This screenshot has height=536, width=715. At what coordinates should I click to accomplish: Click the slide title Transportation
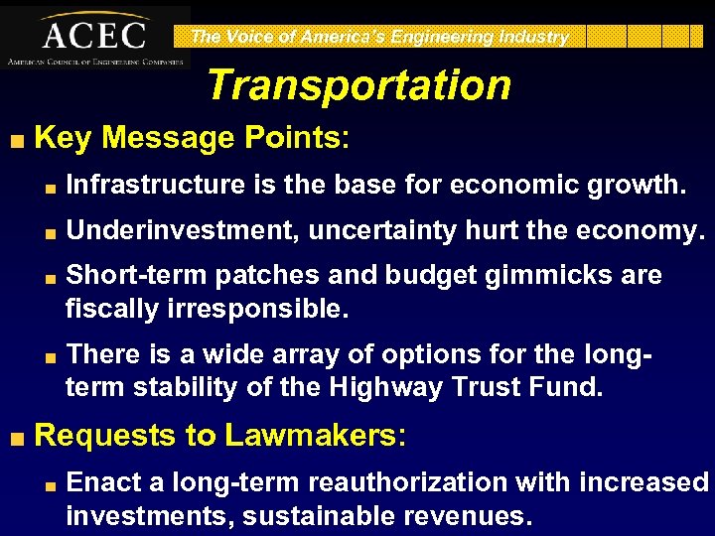(358, 85)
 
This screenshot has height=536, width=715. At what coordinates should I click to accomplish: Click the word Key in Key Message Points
(63, 138)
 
